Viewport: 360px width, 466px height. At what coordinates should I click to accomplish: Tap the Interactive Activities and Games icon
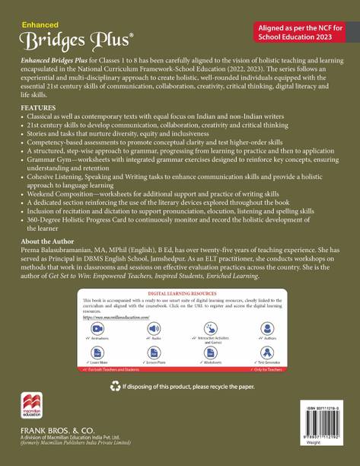[x=209, y=327]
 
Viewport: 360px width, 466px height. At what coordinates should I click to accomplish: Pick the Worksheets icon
[x=209, y=353]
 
